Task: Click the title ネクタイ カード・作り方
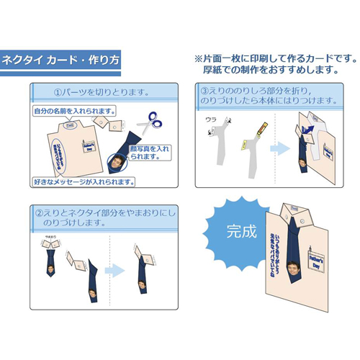(59, 60)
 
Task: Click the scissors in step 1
(152, 123)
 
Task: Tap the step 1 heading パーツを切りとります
(102, 92)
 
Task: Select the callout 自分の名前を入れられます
(74, 112)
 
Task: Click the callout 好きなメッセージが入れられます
(84, 181)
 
